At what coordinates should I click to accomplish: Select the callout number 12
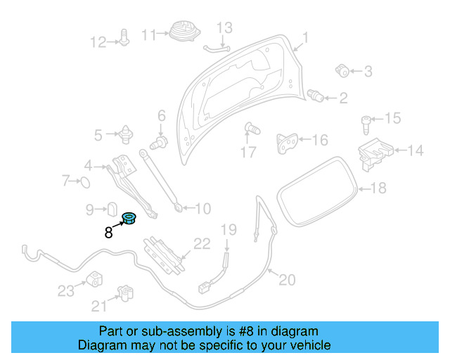[98, 41]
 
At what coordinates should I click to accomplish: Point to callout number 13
[224, 28]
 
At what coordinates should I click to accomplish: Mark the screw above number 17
[250, 129]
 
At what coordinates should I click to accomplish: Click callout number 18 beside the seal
[378, 188]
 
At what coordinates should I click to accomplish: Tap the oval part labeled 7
[84, 183]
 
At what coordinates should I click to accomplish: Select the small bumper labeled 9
[111, 208]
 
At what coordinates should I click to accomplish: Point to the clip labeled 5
[127, 133]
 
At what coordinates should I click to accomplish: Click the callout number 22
[202, 245]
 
